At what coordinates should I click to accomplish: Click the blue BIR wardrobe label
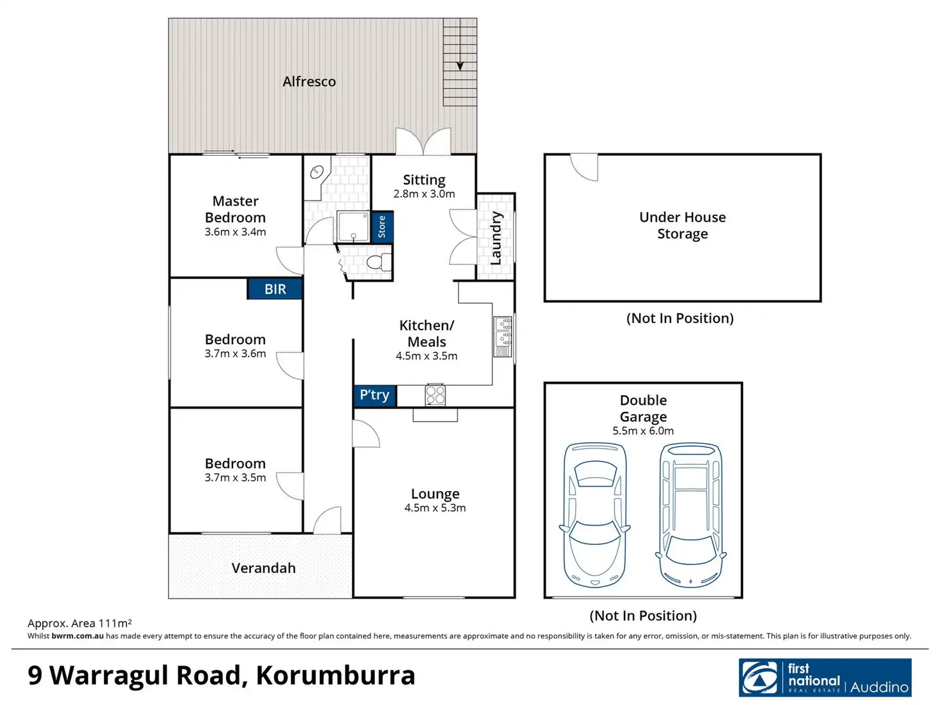tap(275, 289)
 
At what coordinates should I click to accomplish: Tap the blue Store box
tap(382, 227)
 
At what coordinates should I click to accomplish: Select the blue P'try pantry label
tap(375, 395)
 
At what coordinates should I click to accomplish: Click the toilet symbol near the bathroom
tap(378, 262)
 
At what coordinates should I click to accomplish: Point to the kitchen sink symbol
tap(503, 337)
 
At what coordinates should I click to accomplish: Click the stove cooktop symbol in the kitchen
tap(436, 395)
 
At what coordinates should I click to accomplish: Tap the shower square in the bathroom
tap(353, 227)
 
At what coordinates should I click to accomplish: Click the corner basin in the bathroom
tap(317, 172)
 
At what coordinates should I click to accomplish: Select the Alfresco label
tap(309, 82)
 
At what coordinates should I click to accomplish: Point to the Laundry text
tap(496, 238)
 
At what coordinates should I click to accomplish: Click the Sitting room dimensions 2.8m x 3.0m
tap(424, 194)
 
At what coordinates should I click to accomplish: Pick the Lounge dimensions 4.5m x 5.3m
tap(435, 508)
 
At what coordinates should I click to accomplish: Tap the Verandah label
tap(263, 568)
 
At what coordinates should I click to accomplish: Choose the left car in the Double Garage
tap(595, 515)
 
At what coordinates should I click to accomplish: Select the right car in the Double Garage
tap(691, 515)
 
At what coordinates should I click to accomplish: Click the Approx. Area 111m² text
tap(80, 623)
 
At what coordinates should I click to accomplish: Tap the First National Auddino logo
tap(825, 678)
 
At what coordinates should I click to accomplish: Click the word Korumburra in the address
tap(336, 676)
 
